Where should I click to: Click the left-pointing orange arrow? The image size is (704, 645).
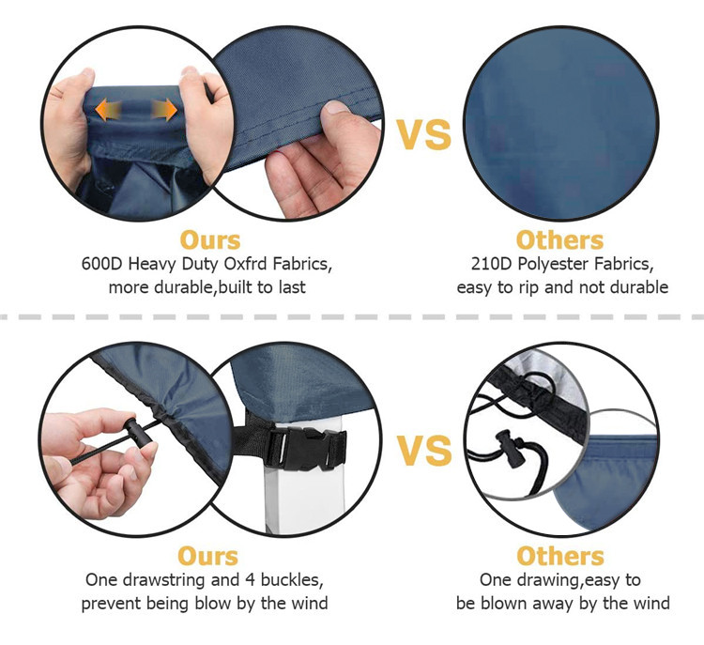tap(108, 110)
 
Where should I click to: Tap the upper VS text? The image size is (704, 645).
tap(423, 134)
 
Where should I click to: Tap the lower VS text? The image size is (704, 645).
tap(424, 450)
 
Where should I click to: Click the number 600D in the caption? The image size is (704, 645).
tap(102, 264)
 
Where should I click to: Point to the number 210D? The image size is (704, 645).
tap(491, 264)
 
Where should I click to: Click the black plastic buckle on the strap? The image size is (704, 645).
tap(304, 448)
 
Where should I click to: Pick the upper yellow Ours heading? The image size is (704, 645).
tap(210, 240)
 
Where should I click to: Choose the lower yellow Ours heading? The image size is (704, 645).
tap(207, 556)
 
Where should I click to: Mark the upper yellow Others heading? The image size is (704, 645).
tap(559, 240)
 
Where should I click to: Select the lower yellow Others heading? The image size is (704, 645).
tap(559, 556)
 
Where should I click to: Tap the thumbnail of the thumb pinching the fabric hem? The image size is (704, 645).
tap(337, 107)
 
